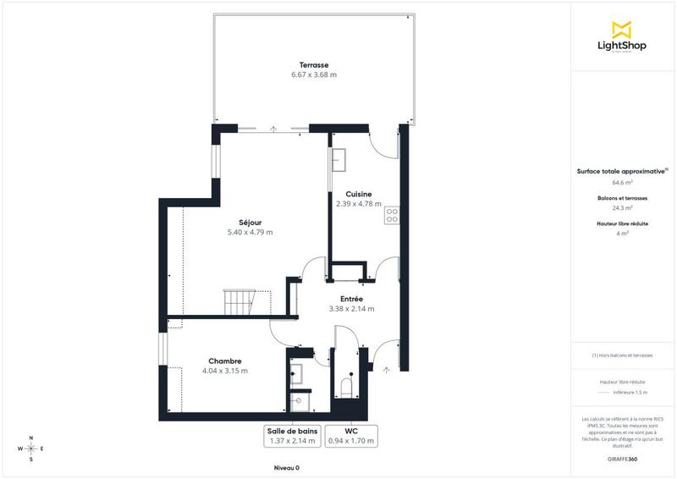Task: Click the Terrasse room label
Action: (313, 65)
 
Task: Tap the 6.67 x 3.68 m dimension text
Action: (313, 75)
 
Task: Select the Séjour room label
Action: (250, 223)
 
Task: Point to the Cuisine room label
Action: (359, 194)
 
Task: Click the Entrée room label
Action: (351, 299)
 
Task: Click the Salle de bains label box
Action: (291, 435)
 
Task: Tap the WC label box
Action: (351, 435)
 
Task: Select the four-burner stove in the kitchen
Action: (392, 217)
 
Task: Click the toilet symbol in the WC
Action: (345, 388)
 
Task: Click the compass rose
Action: (31, 449)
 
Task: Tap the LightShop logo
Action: (623, 37)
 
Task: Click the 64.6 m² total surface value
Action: (623, 182)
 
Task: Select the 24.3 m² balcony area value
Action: (623, 207)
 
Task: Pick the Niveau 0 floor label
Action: (286, 468)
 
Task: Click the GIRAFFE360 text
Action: (623, 459)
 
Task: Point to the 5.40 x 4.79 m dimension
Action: (250, 233)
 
